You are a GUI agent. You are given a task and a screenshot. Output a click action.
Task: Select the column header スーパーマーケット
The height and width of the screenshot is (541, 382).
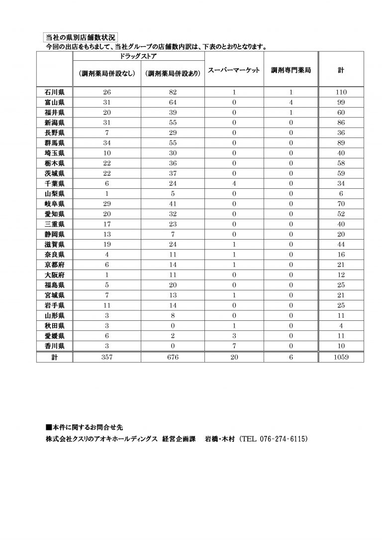[233, 71]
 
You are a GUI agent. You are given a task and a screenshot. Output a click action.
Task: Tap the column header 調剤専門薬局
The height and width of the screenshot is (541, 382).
[291, 71]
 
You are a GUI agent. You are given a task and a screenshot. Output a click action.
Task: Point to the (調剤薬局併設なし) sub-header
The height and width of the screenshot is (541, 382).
[107, 73]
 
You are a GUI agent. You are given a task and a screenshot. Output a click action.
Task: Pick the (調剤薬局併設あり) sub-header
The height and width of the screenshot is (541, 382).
[173, 73]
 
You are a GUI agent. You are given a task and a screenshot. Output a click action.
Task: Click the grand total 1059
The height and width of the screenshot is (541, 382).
[341, 357]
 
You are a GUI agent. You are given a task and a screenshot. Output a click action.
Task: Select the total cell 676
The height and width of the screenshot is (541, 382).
[173, 357]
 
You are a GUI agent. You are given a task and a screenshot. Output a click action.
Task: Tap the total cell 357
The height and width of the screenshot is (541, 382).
[107, 357]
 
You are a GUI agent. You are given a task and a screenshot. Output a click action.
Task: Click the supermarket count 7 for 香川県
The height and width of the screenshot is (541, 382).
[233, 346]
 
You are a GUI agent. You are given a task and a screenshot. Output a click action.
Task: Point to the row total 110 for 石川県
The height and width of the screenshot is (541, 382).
[341, 92]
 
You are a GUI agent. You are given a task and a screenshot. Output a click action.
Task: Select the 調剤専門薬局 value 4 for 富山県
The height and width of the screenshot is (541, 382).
[291, 102]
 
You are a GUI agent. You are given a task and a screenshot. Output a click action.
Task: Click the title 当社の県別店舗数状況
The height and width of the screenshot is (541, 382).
[80, 37]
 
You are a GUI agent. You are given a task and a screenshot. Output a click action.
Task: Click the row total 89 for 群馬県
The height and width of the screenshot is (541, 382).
[341, 142]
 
